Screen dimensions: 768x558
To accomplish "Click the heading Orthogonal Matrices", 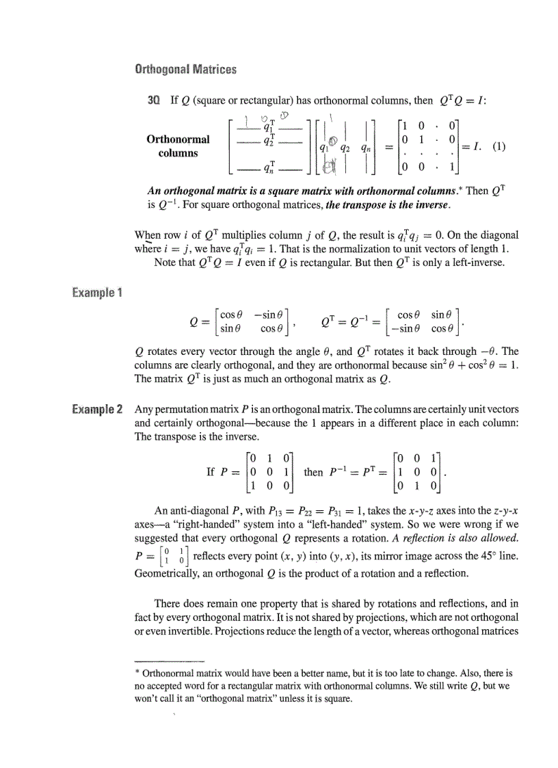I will [185, 69].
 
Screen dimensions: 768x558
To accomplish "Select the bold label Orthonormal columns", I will [178, 146].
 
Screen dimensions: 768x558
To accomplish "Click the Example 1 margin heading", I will [96, 293].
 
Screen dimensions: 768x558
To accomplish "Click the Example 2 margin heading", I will [96, 410].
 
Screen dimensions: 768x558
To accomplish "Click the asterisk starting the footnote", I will [137, 674].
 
